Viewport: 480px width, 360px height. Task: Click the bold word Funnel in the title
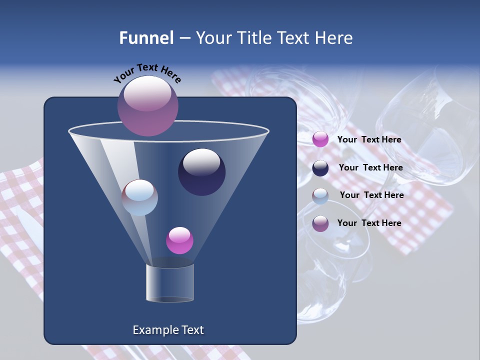coord(146,38)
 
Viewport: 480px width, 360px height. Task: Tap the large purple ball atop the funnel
coord(148,105)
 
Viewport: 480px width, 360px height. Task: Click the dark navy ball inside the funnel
coord(201,172)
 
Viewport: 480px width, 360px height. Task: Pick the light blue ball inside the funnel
coord(139,197)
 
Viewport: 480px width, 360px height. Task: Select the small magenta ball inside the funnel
coord(179,240)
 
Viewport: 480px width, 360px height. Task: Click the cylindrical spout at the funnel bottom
coord(170,283)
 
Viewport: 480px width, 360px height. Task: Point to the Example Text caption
coord(168,330)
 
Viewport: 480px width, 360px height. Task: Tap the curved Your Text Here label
coord(147,73)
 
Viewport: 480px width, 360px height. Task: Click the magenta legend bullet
coord(320,139)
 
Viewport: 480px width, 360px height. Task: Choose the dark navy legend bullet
coord(320,168)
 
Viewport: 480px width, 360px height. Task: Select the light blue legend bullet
coord(320,196)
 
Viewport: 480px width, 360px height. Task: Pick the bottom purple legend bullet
coord(320,223)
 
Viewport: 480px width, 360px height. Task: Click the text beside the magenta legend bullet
coord(369,139)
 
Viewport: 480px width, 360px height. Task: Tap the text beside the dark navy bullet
coord(370,167)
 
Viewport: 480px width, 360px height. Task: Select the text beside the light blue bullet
coord(371,195)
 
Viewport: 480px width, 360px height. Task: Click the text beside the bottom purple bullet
coord(369,223)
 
